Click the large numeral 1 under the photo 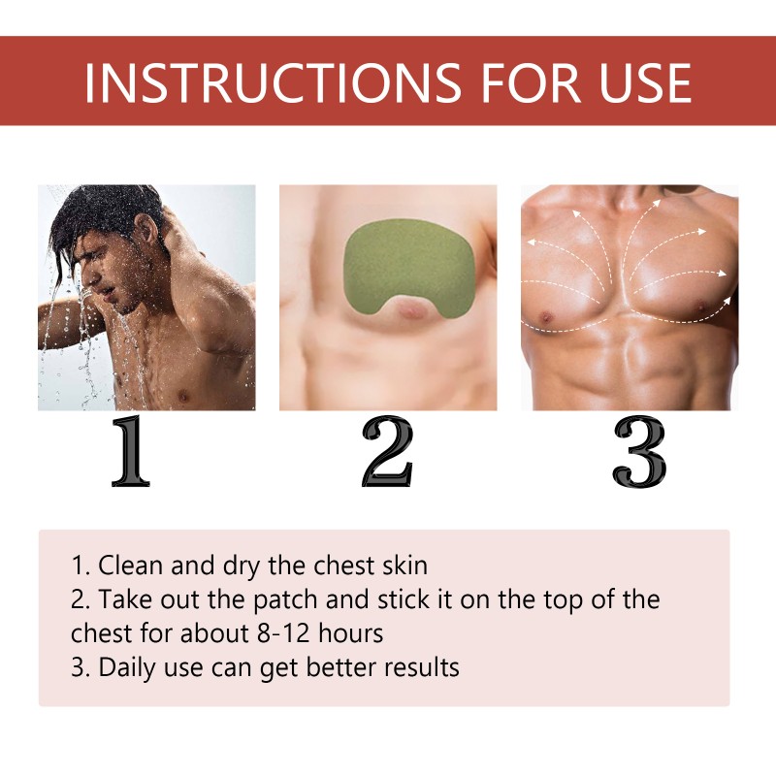tap(131, 451)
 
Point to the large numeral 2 tap(387, 451)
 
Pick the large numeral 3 tap(639, 451)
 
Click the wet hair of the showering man tap(97, 218)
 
